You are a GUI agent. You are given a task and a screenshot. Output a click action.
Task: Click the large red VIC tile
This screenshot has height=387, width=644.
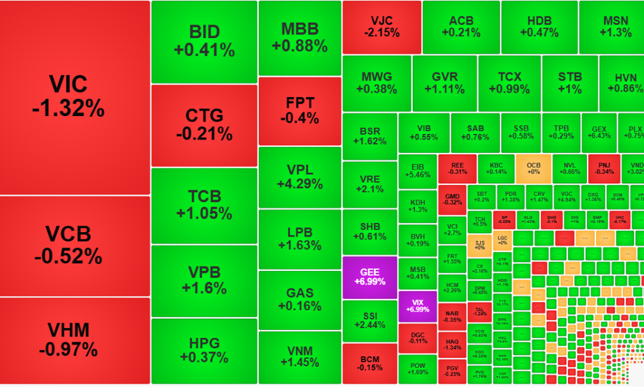[75, 97]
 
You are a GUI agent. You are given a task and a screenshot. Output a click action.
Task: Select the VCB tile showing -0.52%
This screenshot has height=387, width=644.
[75, 245]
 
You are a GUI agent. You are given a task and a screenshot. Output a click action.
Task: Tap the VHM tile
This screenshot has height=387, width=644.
[75, 340]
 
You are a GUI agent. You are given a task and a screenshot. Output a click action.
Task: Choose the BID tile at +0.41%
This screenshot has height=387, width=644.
[204, 41]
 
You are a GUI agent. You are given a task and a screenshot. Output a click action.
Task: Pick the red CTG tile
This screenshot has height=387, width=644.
[204, 125]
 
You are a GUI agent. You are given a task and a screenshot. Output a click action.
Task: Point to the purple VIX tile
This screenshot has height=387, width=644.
[417, 306]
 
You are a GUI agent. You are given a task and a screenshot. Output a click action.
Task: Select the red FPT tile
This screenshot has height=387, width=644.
[299, 111]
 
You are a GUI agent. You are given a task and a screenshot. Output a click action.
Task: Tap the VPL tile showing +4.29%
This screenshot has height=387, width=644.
[299, 177]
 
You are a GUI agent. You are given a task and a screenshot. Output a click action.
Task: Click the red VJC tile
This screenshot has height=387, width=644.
[381, 26]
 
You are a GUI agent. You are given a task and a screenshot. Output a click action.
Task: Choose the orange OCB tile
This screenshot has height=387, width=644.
[533, 168]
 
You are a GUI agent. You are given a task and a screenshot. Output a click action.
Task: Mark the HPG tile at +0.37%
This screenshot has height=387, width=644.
[204, 350]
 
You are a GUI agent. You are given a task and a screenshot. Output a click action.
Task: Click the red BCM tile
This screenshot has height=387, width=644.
[369, 364]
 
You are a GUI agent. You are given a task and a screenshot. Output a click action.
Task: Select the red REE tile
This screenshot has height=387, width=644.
[457, 168]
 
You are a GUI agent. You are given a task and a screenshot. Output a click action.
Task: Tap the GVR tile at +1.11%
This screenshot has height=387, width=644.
[445, 83]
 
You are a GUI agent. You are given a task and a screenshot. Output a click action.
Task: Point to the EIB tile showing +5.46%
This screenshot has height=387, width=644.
[417, 171]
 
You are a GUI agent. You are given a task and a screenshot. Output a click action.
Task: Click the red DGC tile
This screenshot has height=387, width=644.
[417, 337]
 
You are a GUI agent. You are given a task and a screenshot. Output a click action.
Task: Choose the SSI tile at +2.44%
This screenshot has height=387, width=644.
[369, 321]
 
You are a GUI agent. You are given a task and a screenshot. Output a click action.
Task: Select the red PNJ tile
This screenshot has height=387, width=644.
[604, 168]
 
